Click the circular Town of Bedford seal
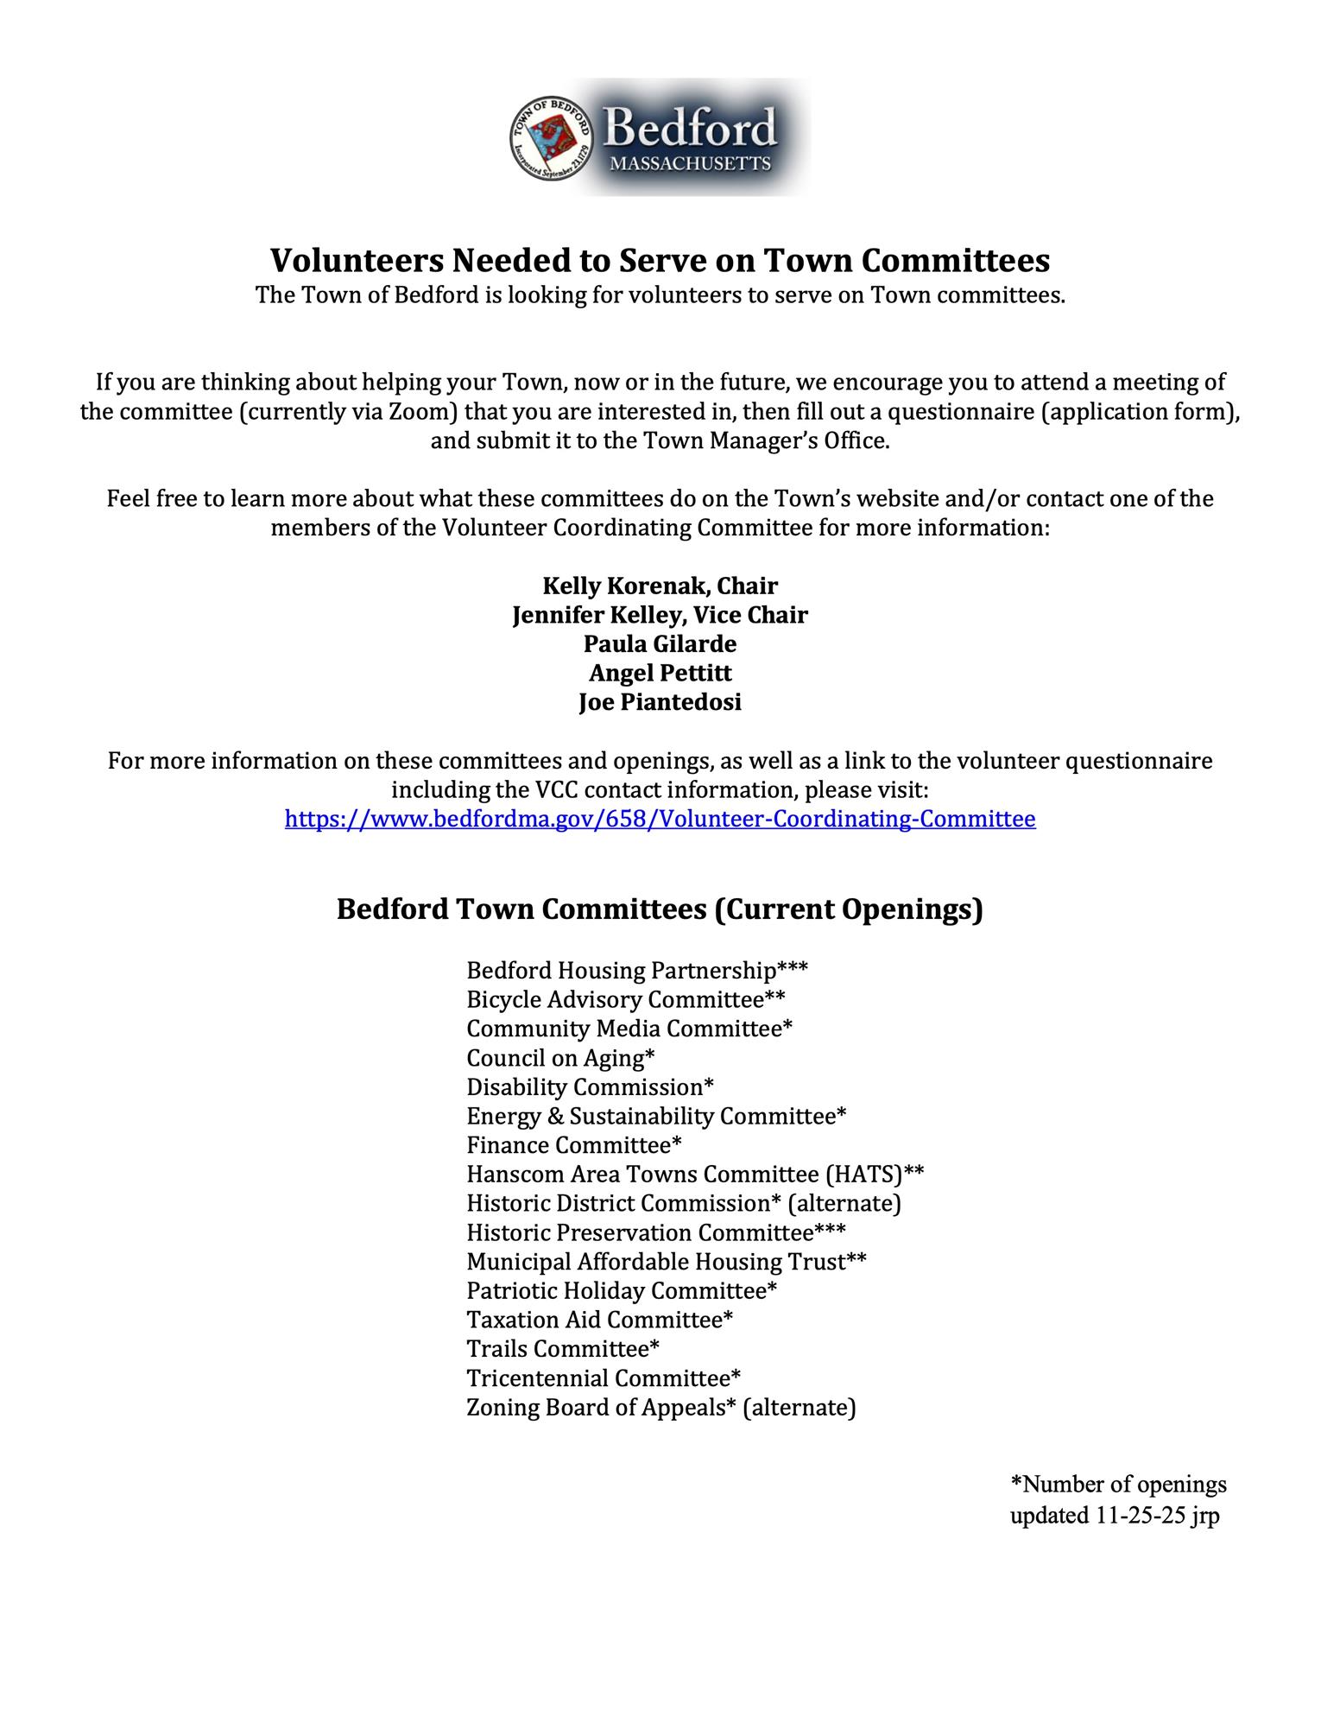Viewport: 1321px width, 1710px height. click(x=552, y=138)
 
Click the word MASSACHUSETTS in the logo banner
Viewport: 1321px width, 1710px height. click(x=689, y=163)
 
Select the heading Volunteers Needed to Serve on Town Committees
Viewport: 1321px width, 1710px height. click(x=660, y=260)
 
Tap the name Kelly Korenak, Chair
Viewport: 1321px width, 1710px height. click(x=660, y=586)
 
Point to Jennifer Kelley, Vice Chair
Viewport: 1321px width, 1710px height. click(x=660, y=615)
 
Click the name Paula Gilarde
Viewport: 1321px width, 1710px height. click(x=660, y=644)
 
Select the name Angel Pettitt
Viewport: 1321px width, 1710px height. click(x=660, y=673)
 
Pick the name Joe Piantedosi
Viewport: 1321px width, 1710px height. click(x=660, y=702)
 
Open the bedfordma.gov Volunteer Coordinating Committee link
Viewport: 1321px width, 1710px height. click(x=660, y=819)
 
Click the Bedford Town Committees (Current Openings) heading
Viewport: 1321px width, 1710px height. click(x=660, y=909)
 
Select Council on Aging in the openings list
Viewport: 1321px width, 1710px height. click(x=560, y=1058)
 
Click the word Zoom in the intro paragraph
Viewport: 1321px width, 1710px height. click(x=417, y=411)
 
